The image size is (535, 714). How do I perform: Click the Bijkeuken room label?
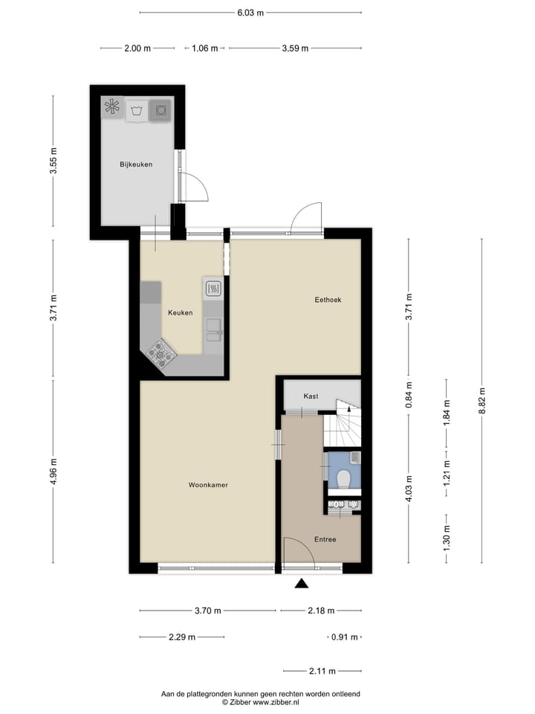(x=136, y=164)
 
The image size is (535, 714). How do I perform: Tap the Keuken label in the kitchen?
(x=180, y=312)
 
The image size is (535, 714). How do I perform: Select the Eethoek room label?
(x=328, y=300)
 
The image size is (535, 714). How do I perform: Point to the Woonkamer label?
(x=208, y=485)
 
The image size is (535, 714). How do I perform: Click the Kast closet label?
(x=311, y=396)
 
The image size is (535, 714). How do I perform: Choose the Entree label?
(x=325, y=539)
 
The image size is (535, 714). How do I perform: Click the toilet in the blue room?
(x=343, y=477)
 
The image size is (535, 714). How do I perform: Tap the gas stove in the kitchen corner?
(x=161, y=353)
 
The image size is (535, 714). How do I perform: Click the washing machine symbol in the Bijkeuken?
(x=136, y=111)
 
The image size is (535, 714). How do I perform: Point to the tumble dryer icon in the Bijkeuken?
(x=160, y=111)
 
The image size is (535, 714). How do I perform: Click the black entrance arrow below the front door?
(x=301, y=584)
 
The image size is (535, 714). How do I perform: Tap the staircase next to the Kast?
(x=342, y=424)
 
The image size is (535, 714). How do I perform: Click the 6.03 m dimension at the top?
(x=250, y=13)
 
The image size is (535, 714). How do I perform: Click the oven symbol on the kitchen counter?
(x=213, y=287)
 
